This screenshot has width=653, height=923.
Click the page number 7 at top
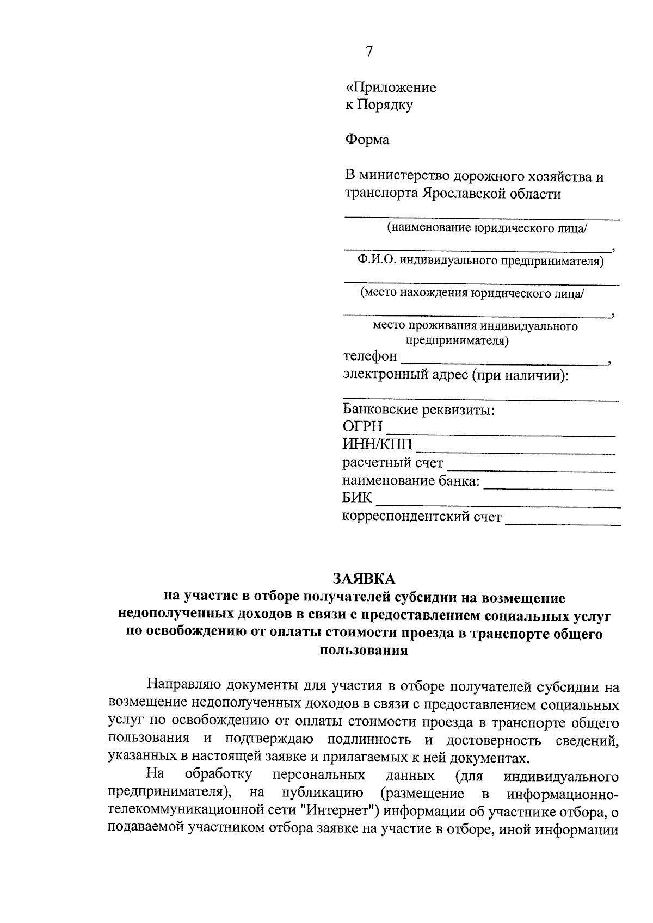pos(369,52)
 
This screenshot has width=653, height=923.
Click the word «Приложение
pos(391,88)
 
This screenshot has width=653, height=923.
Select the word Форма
pos(367,140)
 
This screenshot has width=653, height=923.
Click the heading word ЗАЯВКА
pos(364,578)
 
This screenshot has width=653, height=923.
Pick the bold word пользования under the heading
pos(364,651)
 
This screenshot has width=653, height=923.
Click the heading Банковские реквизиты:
pos(418,410)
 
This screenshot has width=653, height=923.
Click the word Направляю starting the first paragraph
pos(183,686)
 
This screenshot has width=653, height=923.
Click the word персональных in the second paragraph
pos(319,775)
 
